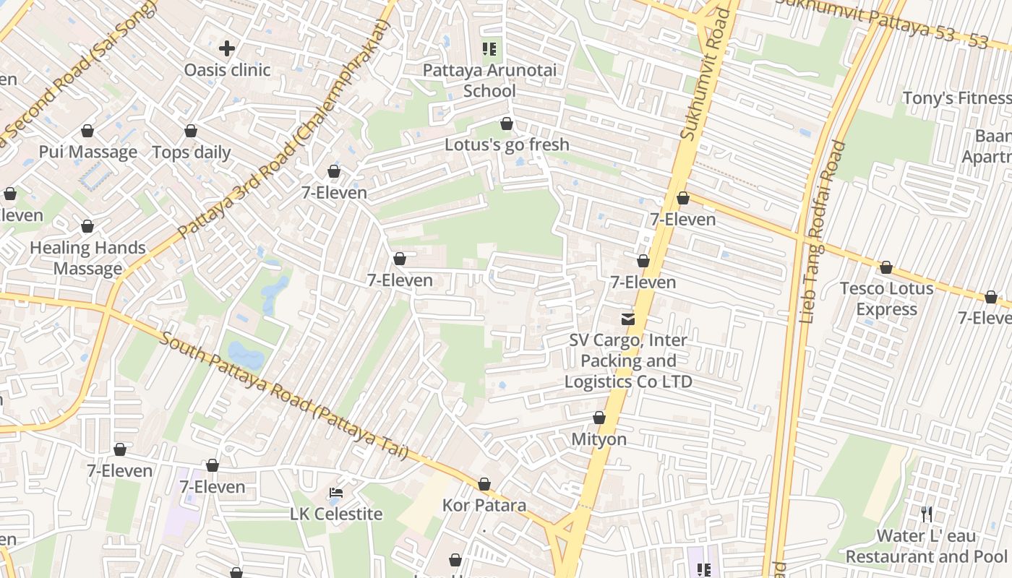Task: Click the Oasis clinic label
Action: click(227, 70)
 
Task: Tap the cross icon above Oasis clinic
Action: click(227, 48)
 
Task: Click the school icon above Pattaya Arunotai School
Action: click(489, 49)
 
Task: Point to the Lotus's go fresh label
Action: click(507, 144)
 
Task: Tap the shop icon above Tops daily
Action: click(191, 131)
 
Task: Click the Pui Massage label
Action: click(87, 152)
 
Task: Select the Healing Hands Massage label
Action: click(87, 258)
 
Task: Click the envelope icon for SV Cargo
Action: click(628, 319)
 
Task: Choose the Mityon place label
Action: click(599, 439)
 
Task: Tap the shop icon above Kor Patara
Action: click(484, 483)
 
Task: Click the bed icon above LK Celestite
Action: click(336, 493)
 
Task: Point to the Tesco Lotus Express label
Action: click(886, 298)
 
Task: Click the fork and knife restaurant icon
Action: click(926, 514)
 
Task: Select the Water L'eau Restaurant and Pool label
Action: click(926, 546)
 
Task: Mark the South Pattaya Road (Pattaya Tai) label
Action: click(283, 395)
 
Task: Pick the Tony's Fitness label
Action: click(956, 98)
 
